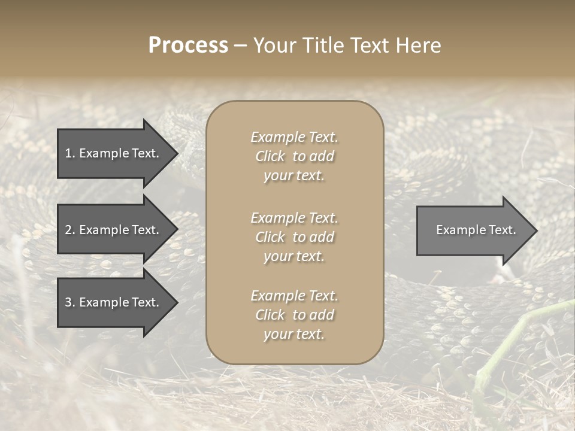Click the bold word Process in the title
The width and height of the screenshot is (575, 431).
(188, 45)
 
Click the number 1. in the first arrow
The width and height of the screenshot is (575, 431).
(70, 153)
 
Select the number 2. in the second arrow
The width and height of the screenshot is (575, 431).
(70, 230)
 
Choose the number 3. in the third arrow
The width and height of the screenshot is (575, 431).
(70, 302)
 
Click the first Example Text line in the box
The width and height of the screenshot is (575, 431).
(294, 137)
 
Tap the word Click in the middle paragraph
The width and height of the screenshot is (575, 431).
(270, 237)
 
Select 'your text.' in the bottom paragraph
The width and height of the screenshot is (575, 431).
(294, 334)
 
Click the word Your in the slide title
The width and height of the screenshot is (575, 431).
(273, 45)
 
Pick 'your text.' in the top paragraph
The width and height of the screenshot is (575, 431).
(294, 175)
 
